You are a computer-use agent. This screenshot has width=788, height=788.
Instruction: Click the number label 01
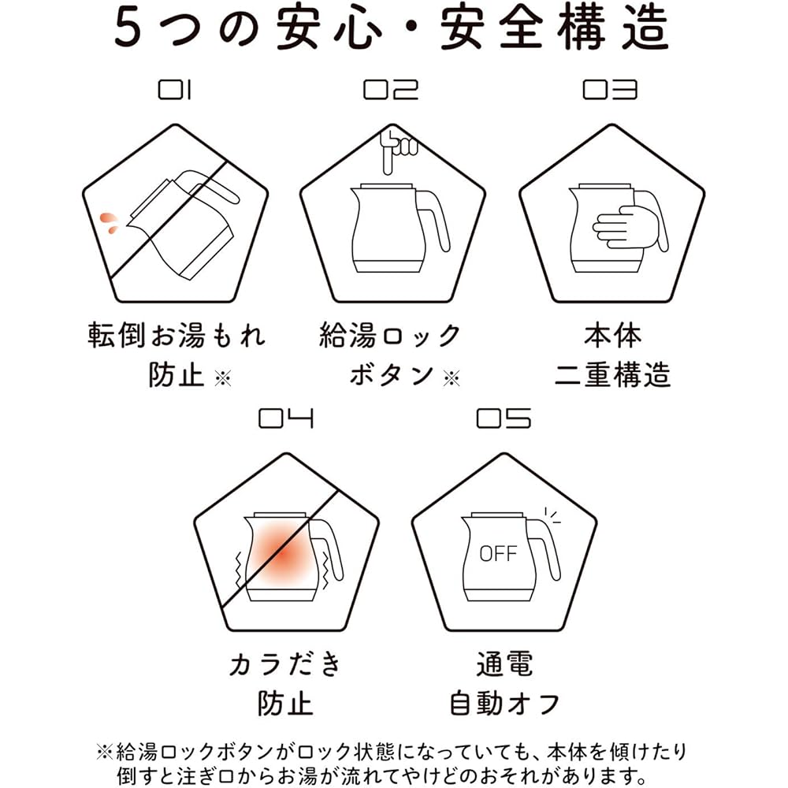pyautogui.click(x=175, y=90)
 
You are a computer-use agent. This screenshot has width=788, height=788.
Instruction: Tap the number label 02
pyautogui.click(x=391, y=90)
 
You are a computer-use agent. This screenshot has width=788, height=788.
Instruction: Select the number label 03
pyautogui.click(x=610, y=90)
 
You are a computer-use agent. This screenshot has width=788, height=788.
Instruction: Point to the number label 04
pyautogui.click(x=286, y=418)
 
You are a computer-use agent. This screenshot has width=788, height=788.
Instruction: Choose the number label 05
pyautogui.click(x=504, y=418)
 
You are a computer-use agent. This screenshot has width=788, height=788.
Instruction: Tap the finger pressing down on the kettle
pyautogui.click(x=397, y=151)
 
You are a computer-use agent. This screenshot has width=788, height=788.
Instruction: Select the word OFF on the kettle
pyautogui.click(x=497, y=554)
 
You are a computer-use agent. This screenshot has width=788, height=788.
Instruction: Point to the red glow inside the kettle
pyautogui.click(x=281, y=554)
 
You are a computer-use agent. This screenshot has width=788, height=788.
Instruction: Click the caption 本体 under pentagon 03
pyautogui.click(x=612, y=336)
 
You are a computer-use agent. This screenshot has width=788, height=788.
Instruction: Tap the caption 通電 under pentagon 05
pyautogui.click(x=504, y=663)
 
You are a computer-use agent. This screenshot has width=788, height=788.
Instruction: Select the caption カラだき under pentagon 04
pyautogui.click(x=285, y=663)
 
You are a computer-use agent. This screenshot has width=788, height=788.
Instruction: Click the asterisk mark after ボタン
pyautogui.click(x=452, y=378)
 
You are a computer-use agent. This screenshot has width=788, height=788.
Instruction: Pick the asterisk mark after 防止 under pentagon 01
pyautogui.click(x=223, y=378)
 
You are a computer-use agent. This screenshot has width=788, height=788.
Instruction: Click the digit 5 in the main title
pyautogui.click(x=128, y=28)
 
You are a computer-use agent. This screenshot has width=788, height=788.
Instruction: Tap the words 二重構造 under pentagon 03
pyautogui.click(x=612, y=375)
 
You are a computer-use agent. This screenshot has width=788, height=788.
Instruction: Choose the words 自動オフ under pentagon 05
pyautogui.click(x=504, y=703)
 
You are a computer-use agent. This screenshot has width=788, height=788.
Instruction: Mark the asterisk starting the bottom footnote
pyautogui.click(x=105, y=753)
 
